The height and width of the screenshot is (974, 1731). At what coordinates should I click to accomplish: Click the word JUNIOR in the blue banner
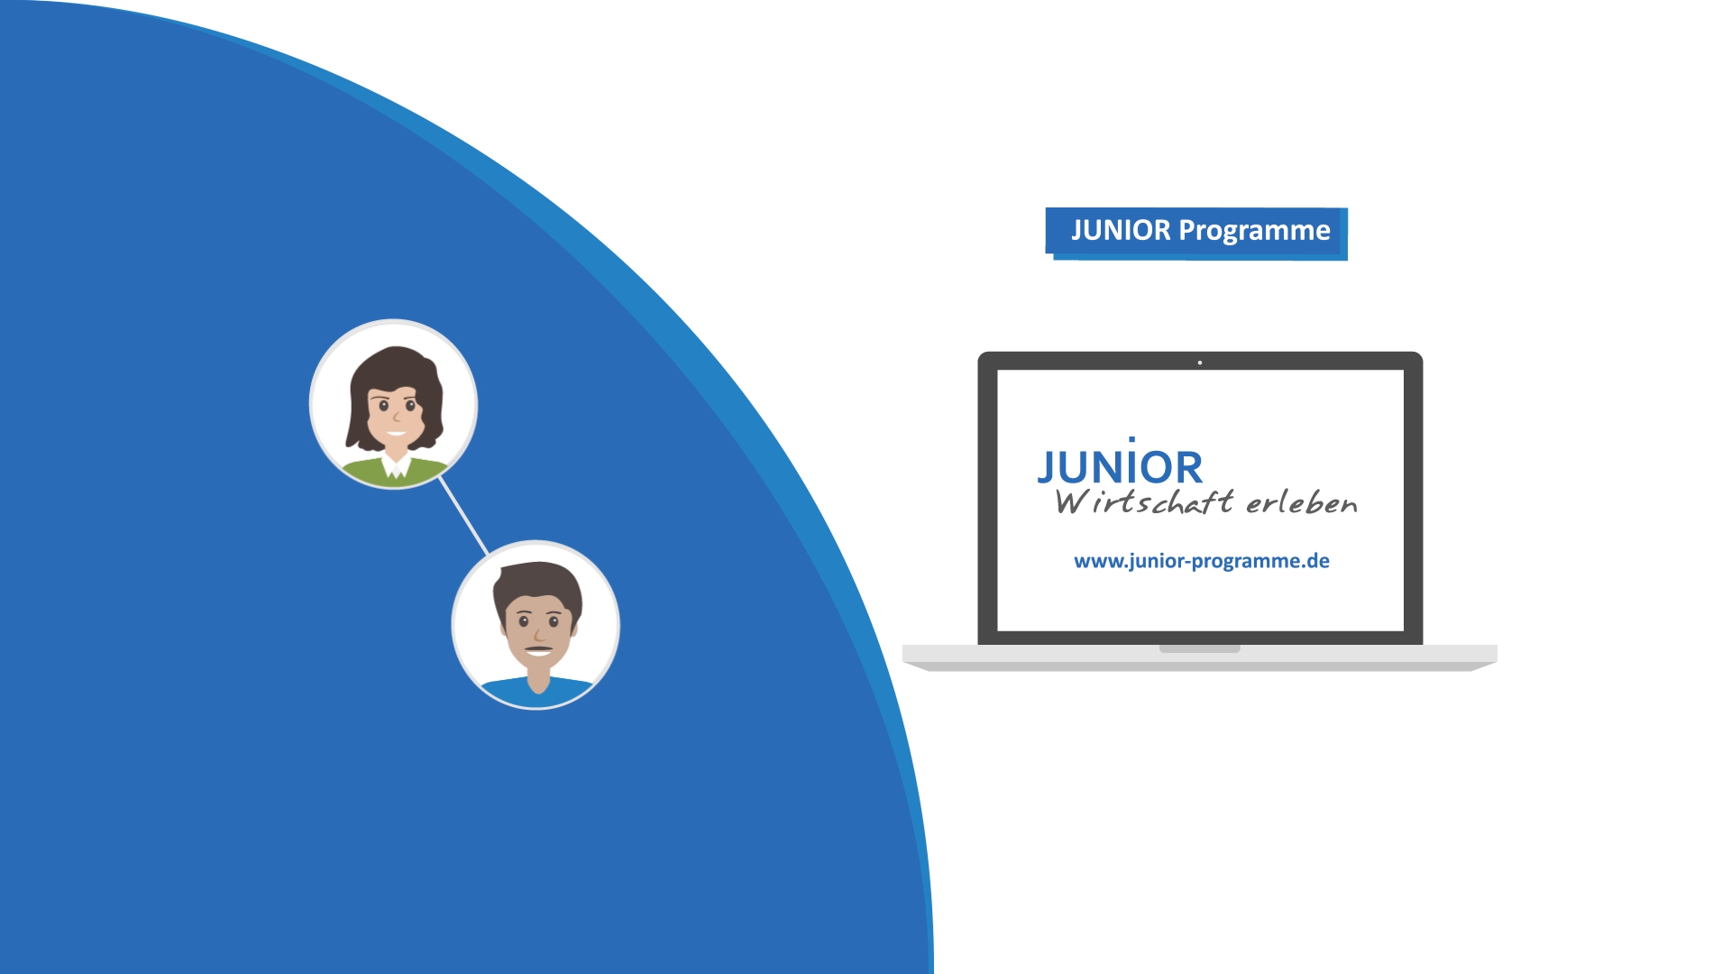coord(1121,231)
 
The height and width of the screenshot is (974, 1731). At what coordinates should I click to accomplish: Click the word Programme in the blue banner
coord(1254,232)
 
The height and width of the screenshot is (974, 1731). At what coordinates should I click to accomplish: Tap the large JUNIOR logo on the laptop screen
coord(1121,464)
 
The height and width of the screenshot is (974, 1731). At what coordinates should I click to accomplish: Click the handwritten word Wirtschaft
coord(1144,501)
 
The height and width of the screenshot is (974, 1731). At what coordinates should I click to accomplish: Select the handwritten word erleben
coord(1302,502)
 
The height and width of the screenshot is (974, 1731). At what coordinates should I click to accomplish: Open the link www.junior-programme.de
coord(1202,561)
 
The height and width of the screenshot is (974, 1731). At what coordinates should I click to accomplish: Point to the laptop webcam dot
coord(1200,363)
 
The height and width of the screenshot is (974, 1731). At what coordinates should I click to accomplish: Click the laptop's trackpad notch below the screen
coord(1199,648)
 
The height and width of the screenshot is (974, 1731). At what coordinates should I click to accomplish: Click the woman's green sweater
coord(394,471)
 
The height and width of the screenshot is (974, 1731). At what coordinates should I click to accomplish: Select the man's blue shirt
coord(536,691)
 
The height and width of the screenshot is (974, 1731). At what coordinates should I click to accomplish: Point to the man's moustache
coord(538,648)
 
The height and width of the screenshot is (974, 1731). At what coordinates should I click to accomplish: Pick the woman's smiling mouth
coord(397,434)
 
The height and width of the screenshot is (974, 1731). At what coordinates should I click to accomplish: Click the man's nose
coord(538,633)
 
